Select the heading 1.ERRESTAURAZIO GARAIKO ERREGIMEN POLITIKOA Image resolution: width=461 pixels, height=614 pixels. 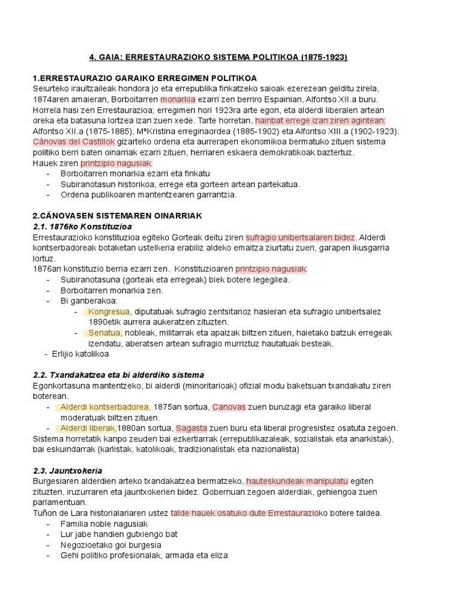(145, 79)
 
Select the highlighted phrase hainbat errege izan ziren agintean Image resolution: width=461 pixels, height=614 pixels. (320, 121)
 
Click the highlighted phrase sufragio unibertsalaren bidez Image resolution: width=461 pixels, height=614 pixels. (301, 237)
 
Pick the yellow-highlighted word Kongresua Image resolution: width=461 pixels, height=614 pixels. (109, 312)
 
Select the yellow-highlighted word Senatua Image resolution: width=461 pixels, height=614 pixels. (105, 333)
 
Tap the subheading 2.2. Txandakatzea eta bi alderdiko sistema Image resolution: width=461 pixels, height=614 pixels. (118, 375)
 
